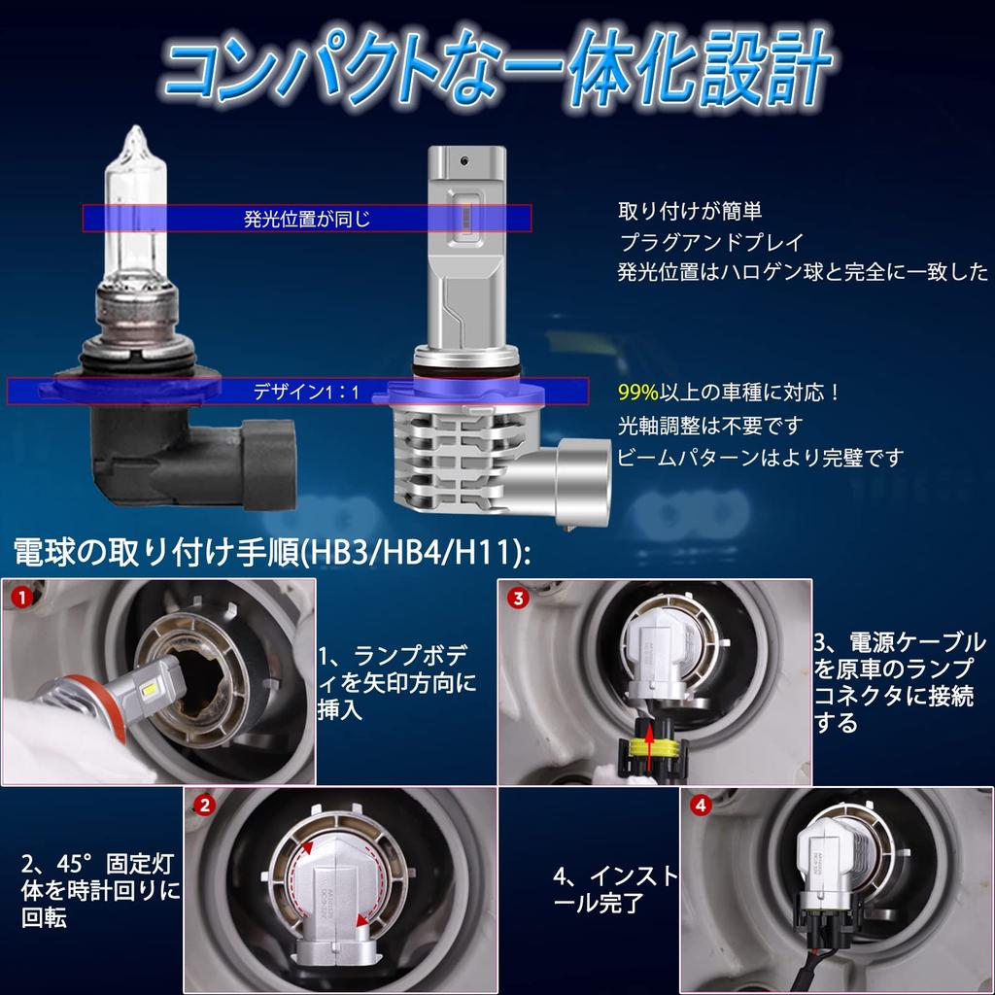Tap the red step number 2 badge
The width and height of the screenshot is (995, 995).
click(204, 806)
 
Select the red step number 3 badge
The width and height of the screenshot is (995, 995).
click(518, 599)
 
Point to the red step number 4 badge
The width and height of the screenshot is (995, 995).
click(701, 806)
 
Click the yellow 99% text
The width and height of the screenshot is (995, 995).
click(638, 394)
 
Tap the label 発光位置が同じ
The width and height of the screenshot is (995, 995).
click(307, 219)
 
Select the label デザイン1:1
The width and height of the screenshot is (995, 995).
click(306, 393)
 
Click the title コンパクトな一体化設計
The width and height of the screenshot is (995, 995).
click(497, 70)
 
